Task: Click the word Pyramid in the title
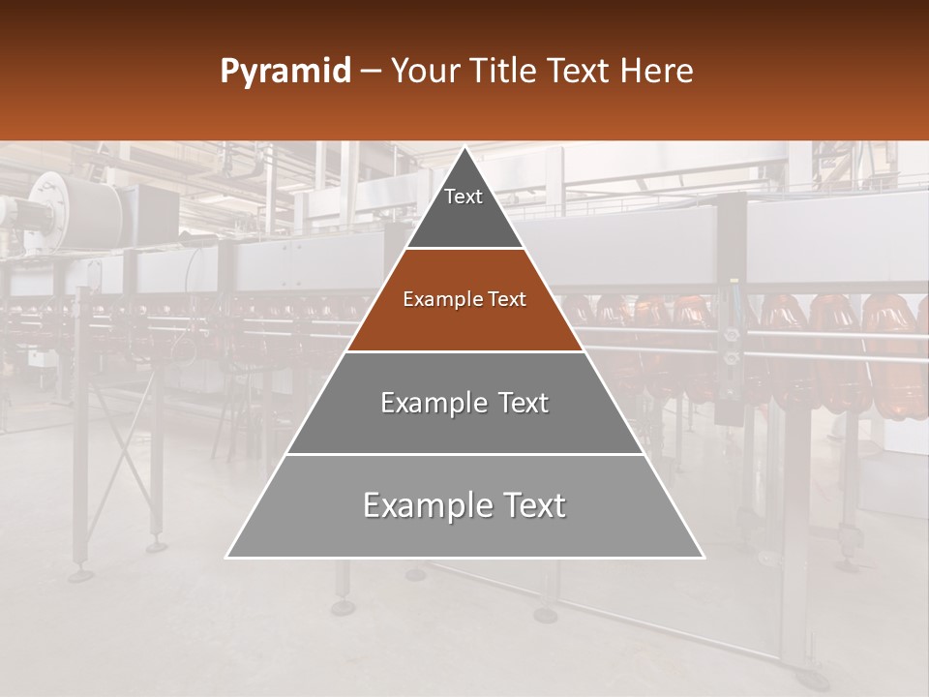point(285,72)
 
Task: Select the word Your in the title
point(425,72)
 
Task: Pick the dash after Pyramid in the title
point(371,73)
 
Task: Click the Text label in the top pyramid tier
point(464,197)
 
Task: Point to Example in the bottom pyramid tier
point(414,505)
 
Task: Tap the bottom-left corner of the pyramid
point(227,557)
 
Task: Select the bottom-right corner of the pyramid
point(703,557)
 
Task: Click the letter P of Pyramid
point(228,72)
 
